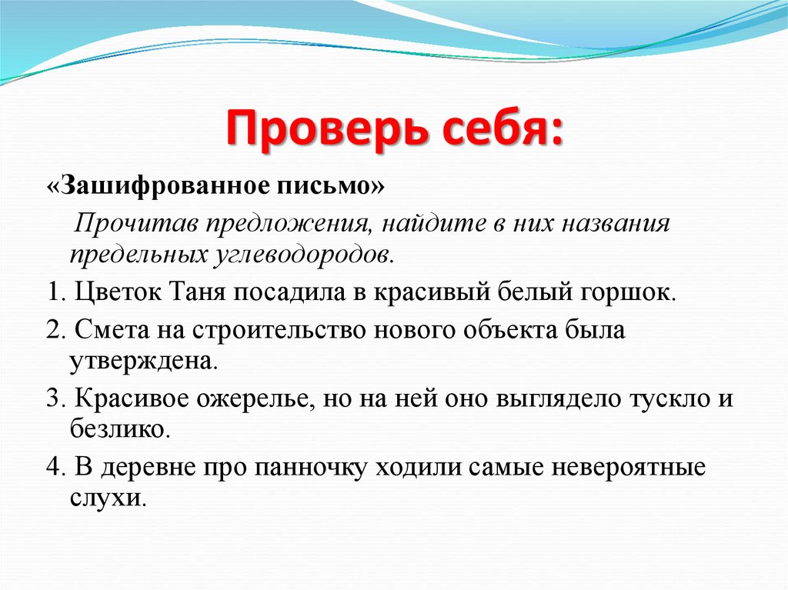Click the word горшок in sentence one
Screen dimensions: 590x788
tap(637, 293)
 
